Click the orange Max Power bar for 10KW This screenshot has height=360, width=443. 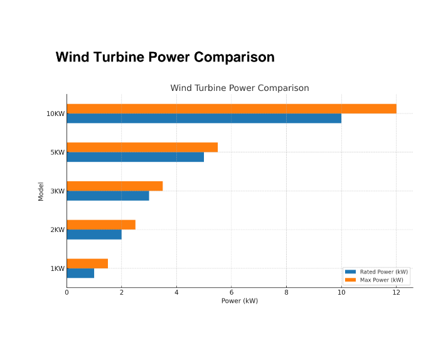point(232,109)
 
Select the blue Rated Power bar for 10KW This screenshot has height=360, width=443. point(204,119)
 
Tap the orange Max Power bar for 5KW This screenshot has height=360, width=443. point(142,147)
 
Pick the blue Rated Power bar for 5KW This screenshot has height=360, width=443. point(136,157)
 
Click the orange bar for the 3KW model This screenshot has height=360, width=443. point(115,186)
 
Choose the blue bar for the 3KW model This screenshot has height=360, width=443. point(108,196)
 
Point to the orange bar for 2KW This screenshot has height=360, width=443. point(101,225)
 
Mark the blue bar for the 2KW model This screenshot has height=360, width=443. point(94,235)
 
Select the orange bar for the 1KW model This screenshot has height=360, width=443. point(87,263)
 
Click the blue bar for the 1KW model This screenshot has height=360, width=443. point(80,273)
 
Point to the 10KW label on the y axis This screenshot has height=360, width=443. point(55,114)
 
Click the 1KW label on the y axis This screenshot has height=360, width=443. point(57,268)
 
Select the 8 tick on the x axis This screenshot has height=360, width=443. point(286,292)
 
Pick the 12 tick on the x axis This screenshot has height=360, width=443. point(396,292)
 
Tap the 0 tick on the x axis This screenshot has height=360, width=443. point(67,292)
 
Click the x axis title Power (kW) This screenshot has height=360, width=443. point(239,301)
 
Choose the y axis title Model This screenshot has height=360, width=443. point(41,191)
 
